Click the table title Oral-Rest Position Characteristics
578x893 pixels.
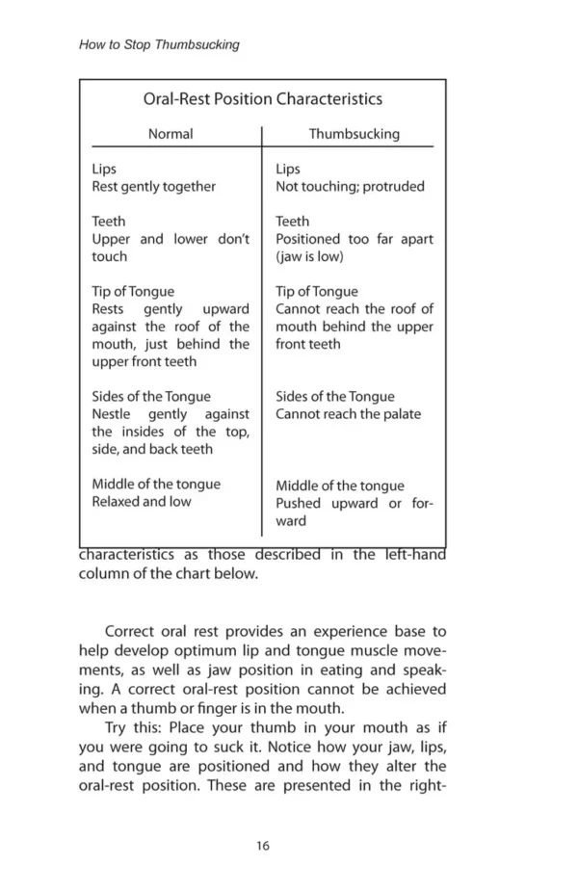(262, 99)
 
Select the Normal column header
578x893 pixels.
(170, 134)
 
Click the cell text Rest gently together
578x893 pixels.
(153, 186)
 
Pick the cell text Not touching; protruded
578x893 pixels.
(350, 186)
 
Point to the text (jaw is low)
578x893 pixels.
(309, 256)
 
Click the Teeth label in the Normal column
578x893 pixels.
(108, 221)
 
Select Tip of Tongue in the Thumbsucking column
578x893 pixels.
(316, 291)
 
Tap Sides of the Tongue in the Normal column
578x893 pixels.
(150, 396)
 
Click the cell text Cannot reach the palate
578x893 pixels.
(348, 414)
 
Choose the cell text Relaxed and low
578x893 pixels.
(141, 501)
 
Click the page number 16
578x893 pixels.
(263, 846)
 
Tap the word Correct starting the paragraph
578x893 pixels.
(134, 632)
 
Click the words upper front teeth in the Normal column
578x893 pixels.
(144, 361)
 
